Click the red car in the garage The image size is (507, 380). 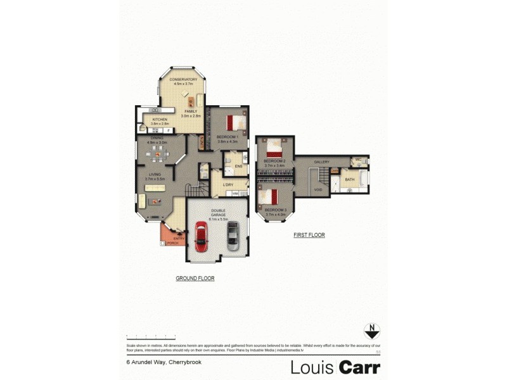(202, 236)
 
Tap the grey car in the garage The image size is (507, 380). (233, 236)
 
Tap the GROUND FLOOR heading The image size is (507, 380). (195, 279)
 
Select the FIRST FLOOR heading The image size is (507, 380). (309, 235)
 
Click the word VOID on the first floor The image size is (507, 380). (318, 189)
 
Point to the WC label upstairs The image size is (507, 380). (358, 160)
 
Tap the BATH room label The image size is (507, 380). (350, 180)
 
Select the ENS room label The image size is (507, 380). (239, 167)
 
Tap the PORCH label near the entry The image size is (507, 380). (172, 243)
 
